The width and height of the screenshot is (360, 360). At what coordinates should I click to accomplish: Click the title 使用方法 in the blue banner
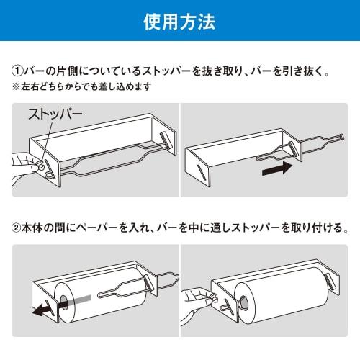click(x=179, y=21)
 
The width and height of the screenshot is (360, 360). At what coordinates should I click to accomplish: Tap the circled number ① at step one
click(x=19, y=72)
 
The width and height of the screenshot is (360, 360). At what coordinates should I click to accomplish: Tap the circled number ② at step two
click(x=19, y=229)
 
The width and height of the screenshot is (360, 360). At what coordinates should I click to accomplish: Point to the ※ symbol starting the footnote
click(x=16, y=87)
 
